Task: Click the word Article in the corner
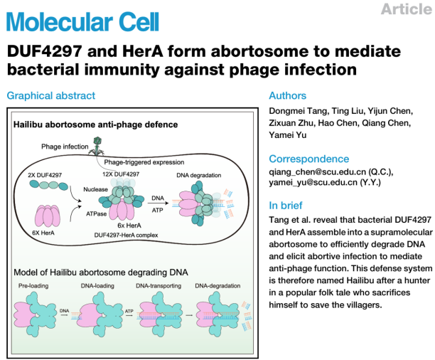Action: click(x=407, y=9)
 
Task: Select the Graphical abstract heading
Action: click(x=50, y=96)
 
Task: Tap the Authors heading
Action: click(x=287, y=96)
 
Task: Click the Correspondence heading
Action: click(x=308, y=159)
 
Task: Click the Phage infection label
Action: click(x=62, y=146)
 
